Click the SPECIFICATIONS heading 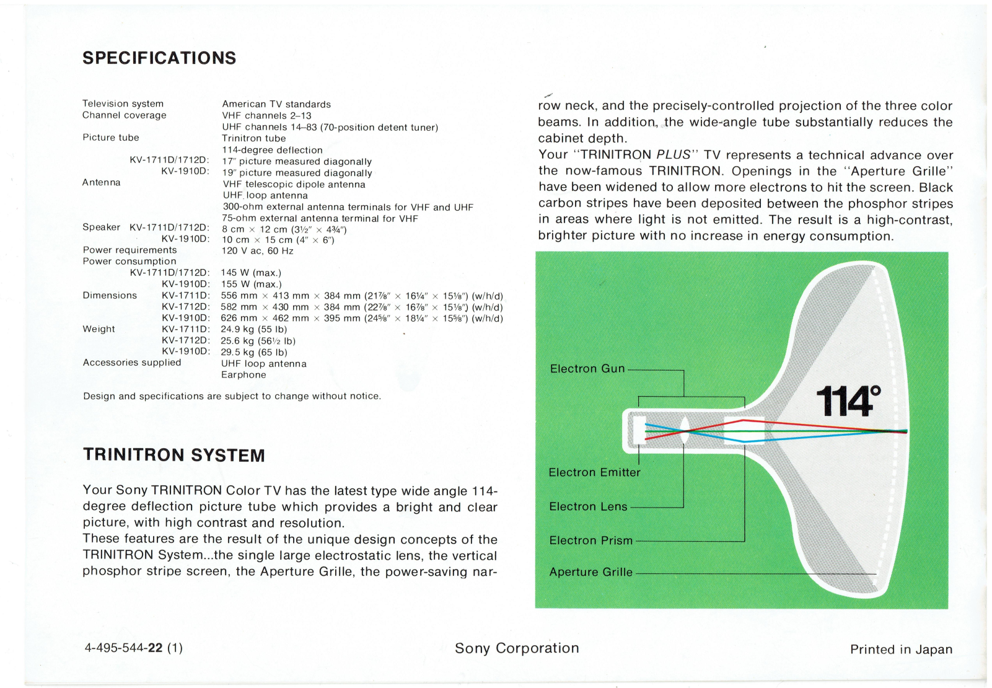point(159,58)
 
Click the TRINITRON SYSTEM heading point(174,456)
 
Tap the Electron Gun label point(587,369)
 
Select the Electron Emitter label point(594,472)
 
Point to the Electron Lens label point(588,506)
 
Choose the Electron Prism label point(590,540)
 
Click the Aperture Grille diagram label point(590,572)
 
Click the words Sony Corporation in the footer point(517,648)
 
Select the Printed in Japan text point(901,650)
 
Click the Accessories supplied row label point(132,363)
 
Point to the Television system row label point(123,104)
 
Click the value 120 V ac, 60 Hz point(257,251)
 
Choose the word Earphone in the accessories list point(244,375)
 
